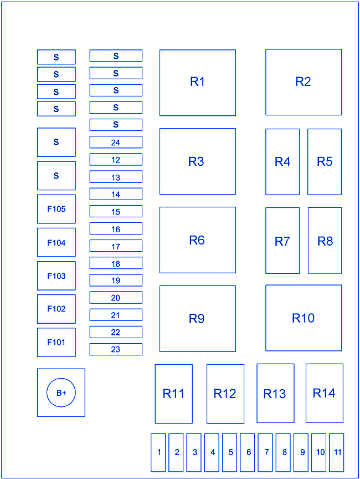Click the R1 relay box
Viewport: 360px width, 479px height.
click(x=198, y=83)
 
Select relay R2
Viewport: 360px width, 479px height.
click(x=304, y=82)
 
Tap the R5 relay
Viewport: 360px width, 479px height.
click(x=325, y=161)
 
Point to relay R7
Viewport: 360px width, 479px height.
click(x=282, y=241)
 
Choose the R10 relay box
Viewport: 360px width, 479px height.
click(x=304, y=318)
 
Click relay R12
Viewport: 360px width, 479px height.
click(x=225, y=394)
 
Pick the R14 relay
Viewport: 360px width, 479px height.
click(x=325, y=393)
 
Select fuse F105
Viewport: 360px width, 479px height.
click(x=56, y=209)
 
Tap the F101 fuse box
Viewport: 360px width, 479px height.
click(x=56, y=342)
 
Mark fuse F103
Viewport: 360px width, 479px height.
click(x=56, y=276)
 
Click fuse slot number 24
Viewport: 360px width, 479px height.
click(x=116, y=142)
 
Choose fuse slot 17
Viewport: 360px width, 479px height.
click(x=116, y=246)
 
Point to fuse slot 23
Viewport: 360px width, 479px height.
click(x=116, y=349)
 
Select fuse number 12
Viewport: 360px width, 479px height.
click(x=116, y=160)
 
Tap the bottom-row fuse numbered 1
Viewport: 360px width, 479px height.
click(x=158, y=452)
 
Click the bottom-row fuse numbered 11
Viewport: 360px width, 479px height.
click(x=337, y=452)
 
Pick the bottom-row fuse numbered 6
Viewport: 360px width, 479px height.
click(x=248, y=452)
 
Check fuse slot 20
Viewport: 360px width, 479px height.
click(x=116, y=298)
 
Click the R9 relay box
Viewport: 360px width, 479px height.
click(x=198, y=319)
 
